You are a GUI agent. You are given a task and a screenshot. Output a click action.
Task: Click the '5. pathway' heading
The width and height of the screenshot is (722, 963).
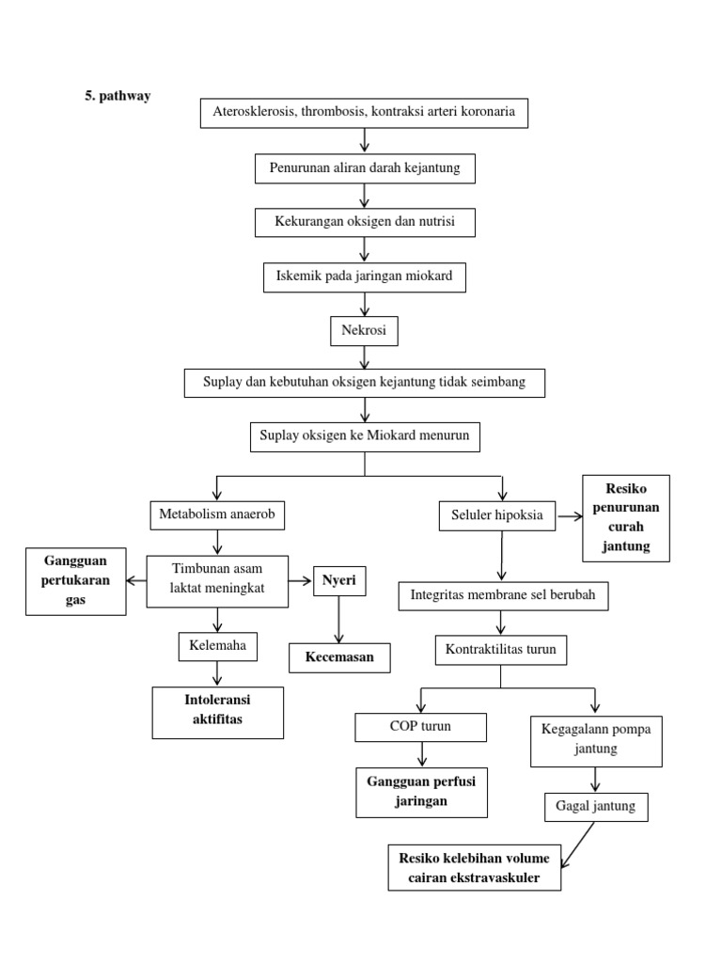coord(118,96)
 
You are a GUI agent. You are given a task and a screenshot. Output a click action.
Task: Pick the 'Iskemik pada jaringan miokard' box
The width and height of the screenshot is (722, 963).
coord(365,276)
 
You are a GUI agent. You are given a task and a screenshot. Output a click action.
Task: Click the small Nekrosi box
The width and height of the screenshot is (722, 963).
coord(364,331)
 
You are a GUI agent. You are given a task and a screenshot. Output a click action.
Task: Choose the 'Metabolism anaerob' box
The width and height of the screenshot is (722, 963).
coord(217,514)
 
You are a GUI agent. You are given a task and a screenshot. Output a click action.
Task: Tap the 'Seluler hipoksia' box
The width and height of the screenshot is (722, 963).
coord(497,515)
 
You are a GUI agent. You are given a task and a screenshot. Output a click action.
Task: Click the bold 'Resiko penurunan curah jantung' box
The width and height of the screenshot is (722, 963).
coord(626,517)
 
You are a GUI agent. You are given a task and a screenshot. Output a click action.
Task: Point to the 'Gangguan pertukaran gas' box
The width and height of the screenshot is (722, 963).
coord(75,581)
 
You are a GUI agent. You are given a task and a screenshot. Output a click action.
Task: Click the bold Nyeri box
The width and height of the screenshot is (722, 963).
coord(339,580)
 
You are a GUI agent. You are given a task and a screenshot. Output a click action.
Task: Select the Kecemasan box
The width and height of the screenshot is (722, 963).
coord(339,656)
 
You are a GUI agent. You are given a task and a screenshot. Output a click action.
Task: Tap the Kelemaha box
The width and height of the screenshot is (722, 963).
coord(217,647)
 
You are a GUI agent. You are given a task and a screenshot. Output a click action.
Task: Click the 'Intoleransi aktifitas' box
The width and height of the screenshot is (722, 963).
coord(218,712)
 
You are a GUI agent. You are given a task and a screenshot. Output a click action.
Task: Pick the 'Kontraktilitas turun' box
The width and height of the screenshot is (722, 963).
coord(501,649)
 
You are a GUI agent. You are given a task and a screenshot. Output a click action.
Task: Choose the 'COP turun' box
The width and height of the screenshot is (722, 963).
coord(420,727)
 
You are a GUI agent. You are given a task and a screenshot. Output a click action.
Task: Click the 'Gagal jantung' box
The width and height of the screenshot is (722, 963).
coord(595,807)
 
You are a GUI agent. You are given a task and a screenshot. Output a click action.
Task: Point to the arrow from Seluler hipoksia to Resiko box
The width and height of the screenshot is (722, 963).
coord(569,515)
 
